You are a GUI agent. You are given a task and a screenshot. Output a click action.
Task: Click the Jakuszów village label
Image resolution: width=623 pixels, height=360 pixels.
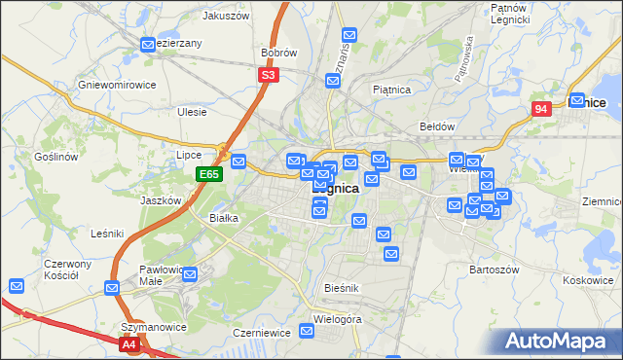click(226, 16)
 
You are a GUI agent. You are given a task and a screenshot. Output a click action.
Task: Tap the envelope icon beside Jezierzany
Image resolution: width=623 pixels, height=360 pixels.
click(148, 44)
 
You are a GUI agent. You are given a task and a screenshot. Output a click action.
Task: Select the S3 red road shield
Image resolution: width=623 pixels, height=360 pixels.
click(270, 74)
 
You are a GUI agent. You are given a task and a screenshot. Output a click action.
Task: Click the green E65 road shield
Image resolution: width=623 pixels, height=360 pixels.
click(209, 174)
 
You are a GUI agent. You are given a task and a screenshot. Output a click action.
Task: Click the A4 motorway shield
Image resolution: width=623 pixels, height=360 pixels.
click(129, 343)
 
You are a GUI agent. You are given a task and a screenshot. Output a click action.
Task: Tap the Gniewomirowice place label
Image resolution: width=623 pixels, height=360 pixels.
click(117, 85)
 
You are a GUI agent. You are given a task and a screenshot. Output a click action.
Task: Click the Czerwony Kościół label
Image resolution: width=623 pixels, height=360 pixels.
click(67, 270)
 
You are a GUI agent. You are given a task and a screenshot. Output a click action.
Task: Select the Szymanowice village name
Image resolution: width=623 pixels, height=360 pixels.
click(153, 327)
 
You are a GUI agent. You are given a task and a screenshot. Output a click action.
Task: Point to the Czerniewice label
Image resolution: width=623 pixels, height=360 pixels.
click(258, 332)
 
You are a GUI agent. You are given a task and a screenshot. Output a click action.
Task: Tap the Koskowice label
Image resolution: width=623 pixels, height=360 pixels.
click(588, 280)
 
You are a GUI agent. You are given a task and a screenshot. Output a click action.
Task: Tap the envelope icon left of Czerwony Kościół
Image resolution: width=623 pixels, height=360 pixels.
click(17, 286)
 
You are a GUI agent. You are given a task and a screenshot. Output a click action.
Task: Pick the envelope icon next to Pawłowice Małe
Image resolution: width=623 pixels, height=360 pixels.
click(190, 273)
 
